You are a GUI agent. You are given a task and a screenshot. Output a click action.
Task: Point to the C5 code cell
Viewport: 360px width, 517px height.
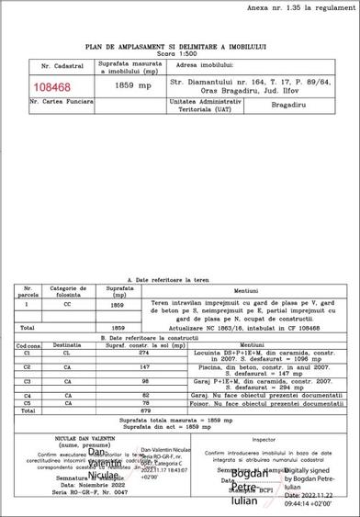coord(28,401)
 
